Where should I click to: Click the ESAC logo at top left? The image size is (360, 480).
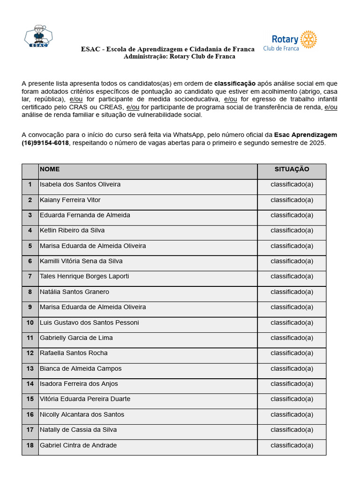(x=38, y=37)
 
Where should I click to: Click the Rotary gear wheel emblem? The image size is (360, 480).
(x=308, y=39)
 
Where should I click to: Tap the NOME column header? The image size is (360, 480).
(x=50, y=169)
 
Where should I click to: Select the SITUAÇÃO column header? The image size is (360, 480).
(x=292, y=169)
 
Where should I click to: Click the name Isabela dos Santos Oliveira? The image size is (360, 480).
(x=80, y=185)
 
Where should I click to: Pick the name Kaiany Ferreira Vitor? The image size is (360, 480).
(x=70, y=200)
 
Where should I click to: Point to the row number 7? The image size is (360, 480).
(x=30, y=277)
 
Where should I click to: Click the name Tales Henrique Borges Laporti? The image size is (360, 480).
(x=84, y=277)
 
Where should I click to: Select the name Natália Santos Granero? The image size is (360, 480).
(x=75, y=292)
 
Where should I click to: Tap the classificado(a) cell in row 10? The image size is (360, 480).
(x=292, y=322)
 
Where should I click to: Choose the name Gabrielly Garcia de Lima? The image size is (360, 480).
(x=76, y=338)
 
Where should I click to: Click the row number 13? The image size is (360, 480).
(x=30, y=368)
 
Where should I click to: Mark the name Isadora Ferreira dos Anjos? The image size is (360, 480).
(x=79, y=384)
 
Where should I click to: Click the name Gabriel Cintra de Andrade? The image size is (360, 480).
(x=78, y=445)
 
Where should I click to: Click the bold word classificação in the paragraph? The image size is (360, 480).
(x=235, y=83)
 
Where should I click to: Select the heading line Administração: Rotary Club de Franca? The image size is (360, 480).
(x=180, y=57)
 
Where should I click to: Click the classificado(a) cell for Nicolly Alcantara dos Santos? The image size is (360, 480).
(x=292, y=414)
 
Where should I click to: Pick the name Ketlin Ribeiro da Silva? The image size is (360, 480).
(x=72, y=231)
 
